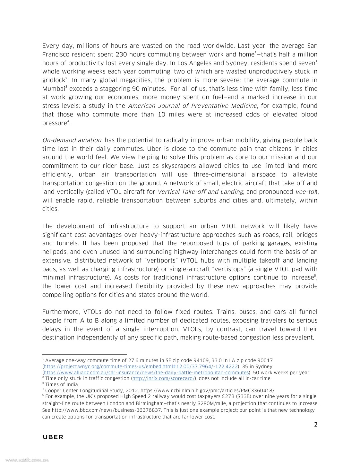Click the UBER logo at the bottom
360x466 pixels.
(53, 437)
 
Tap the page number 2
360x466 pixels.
(316, 425)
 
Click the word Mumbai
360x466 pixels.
(53, 89)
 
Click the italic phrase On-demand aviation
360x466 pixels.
(72, 140)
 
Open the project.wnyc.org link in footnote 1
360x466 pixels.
(141, 367)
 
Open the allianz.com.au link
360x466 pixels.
(146, 373)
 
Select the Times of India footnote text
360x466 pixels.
(61, 384)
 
